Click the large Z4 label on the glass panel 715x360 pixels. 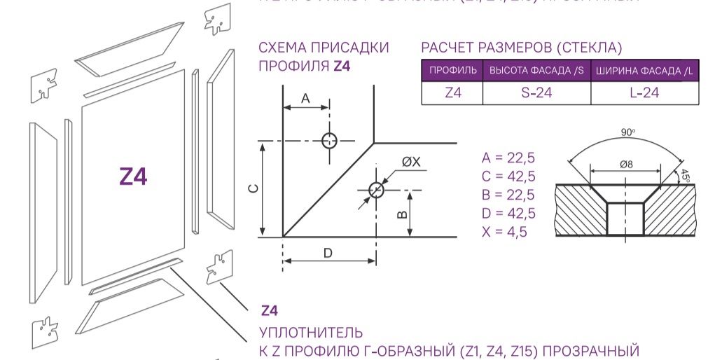coord(133,177)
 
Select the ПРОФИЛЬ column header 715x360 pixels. coord(452,71)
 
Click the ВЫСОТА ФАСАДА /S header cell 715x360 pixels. coord(536,71)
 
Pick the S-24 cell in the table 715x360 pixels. coord(536,92)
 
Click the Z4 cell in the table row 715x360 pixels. coord(452,92)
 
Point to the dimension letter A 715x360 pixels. coord(305,99)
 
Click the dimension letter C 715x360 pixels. coord(255,188)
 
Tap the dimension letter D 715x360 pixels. coord(328,253)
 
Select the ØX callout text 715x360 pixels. coord(411,162)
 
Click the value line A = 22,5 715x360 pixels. coord(508,157)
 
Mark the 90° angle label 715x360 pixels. coord(627,132)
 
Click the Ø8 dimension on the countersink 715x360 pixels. coord(626,164)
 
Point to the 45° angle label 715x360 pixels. coord(686,174)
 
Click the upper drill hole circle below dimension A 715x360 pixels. coord(329,140)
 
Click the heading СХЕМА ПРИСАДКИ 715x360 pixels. coord(324,48)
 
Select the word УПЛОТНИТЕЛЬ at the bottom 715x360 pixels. coord(311,331)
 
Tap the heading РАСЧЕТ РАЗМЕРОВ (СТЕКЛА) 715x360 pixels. coord(521,48)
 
